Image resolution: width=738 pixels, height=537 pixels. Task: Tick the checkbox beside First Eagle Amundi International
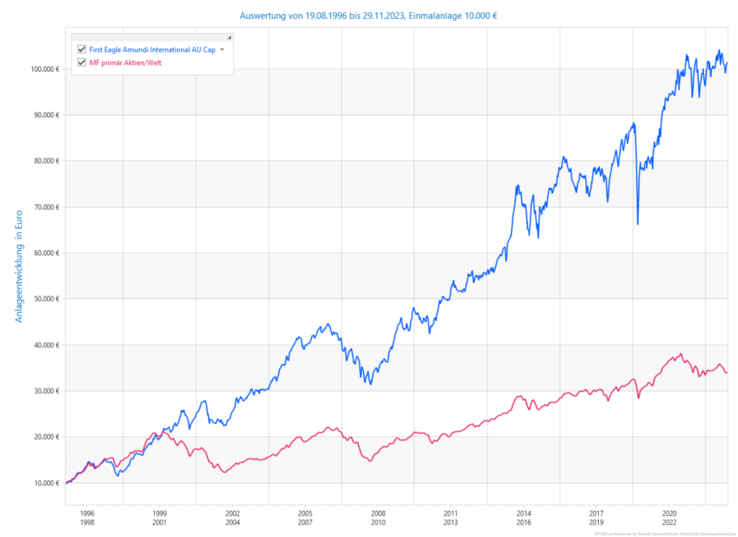pyautogui.click(x=82, y=50)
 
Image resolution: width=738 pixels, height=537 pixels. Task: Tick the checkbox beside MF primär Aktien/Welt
pyautogui.click(x=82, y=62)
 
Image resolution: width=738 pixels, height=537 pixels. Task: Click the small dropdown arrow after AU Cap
pyautogui.click(x=222, y=50)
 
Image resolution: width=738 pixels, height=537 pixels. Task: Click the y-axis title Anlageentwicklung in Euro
pyautogui.click(x=19, y=266)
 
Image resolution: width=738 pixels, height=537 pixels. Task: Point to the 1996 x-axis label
pyautogui.click(x=86, y=512)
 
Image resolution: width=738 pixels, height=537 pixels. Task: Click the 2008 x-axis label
pyautogui.click(x=378, y=512)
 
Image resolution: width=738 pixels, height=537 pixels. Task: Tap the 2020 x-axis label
pyautogui.click(x=670, y=512)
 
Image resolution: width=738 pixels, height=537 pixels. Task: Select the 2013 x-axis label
pyautogui.click(x=451, y=522)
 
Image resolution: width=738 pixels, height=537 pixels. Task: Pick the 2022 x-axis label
pyautogui.click(x=670, y=522)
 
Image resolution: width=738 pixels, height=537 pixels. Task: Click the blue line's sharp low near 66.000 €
pyautogui.click(x=637, y=224)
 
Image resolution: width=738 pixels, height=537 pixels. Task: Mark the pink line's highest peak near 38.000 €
pyautogui.click(x=681, y=355)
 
